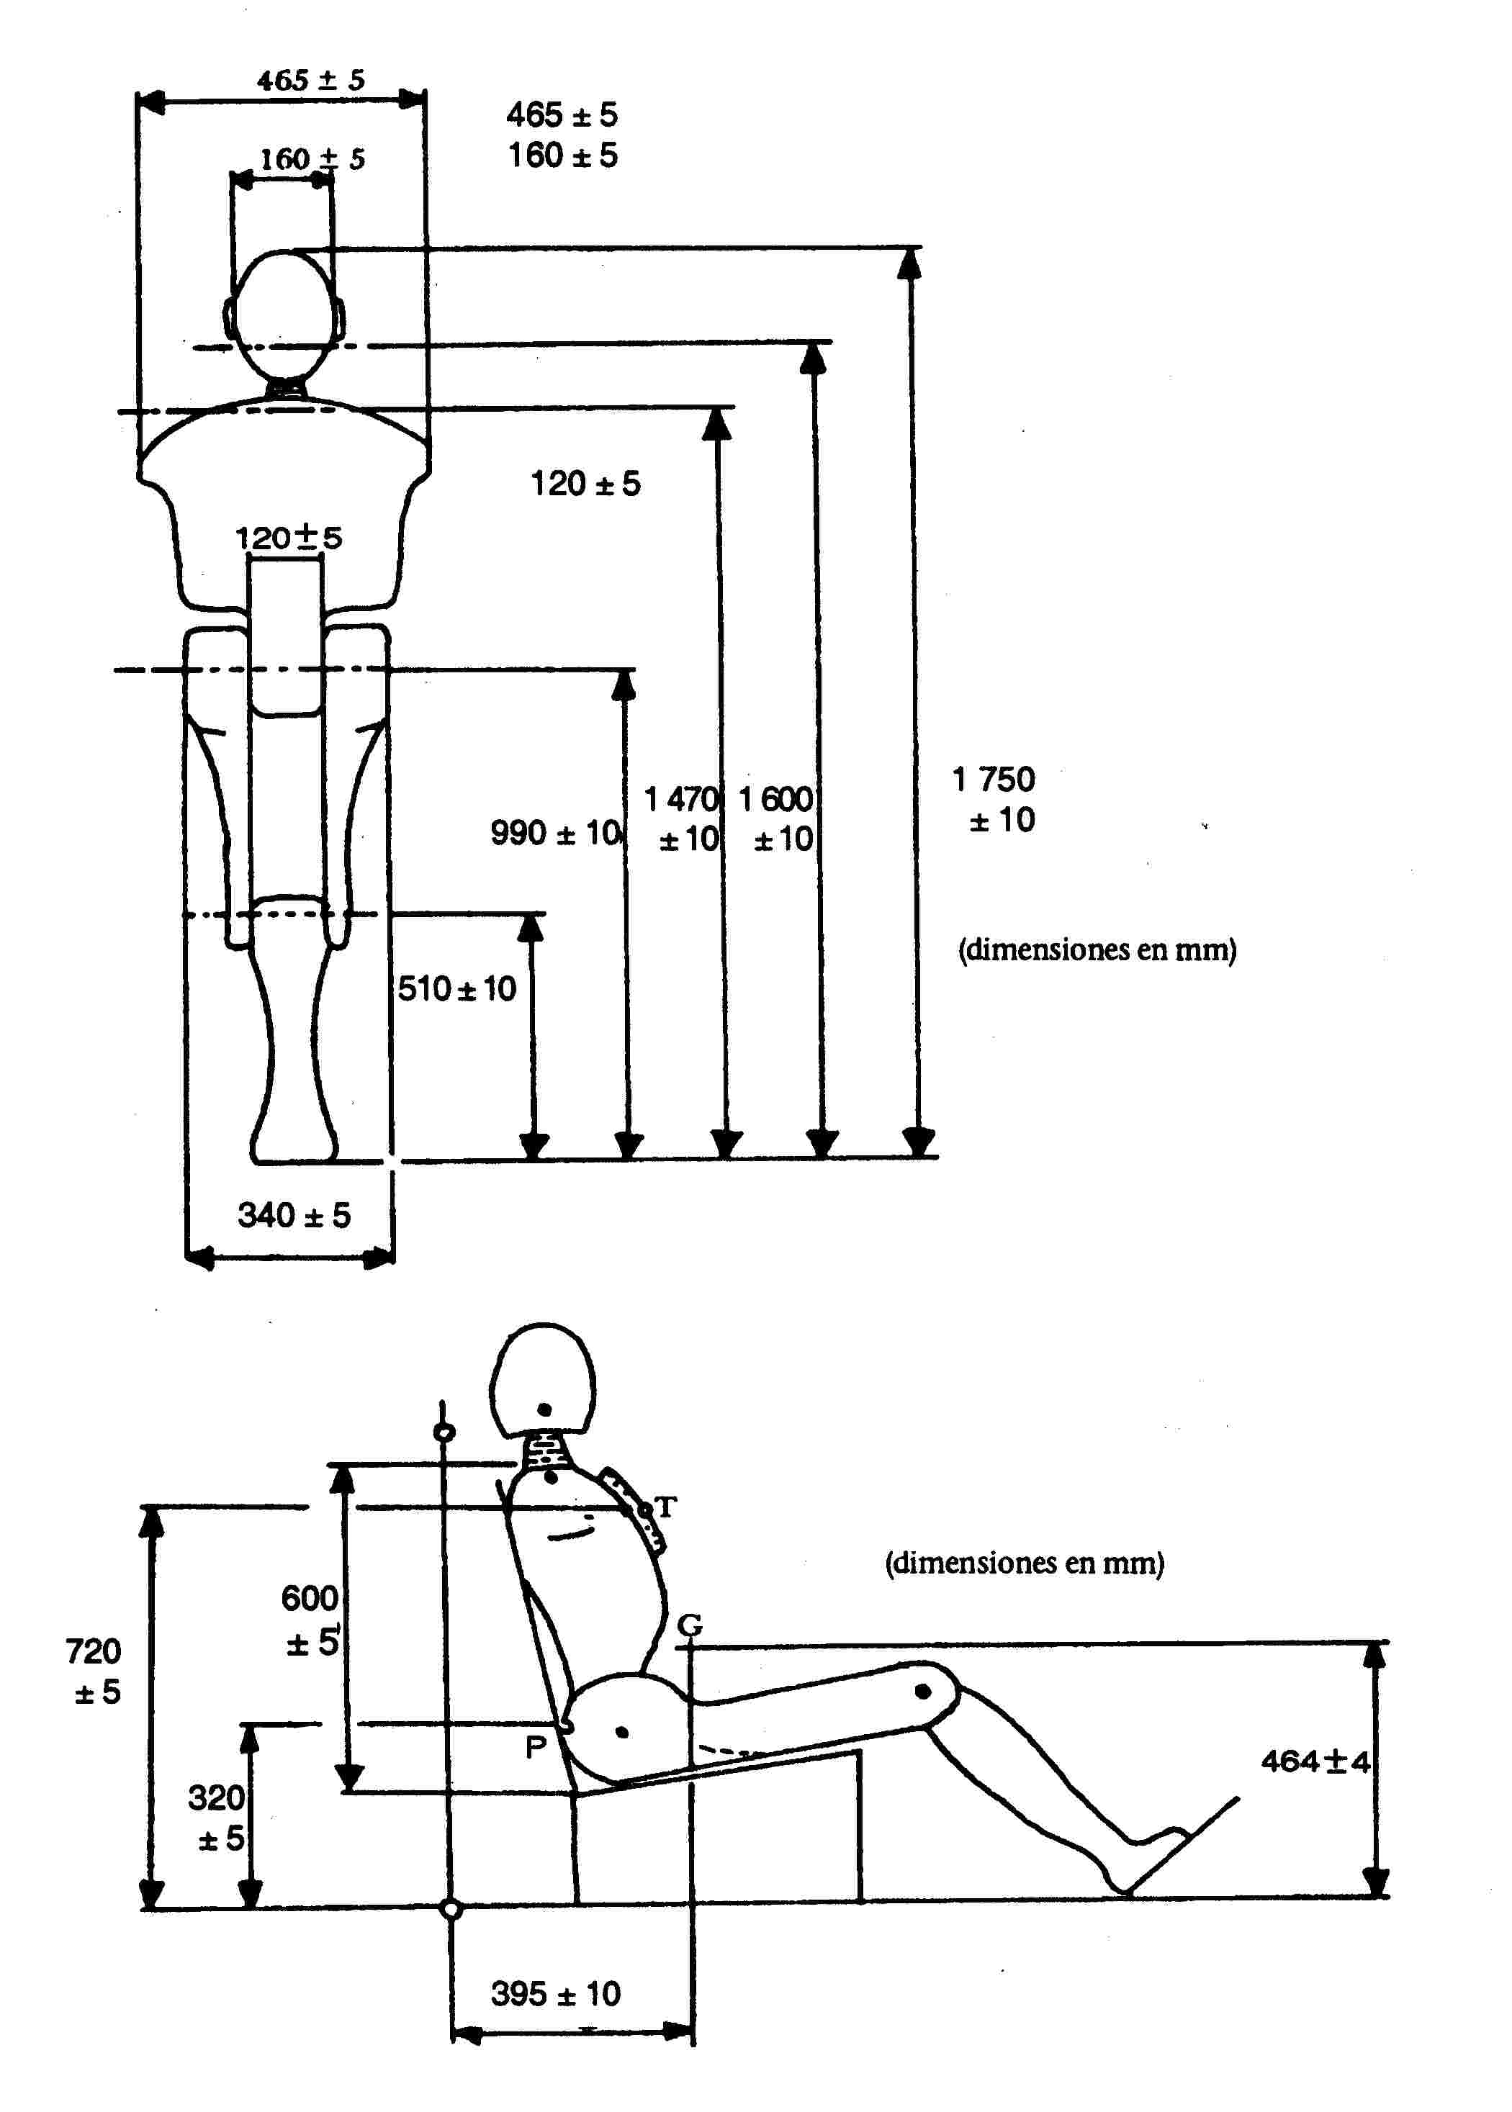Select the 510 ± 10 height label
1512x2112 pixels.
(x=457, y=988)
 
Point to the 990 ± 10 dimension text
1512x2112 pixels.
(x=556, y=832)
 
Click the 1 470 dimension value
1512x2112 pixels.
(x=683, y=798)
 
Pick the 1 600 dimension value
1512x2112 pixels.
(x=776, y=798)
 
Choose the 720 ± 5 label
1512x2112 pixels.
(x=94, y=1671)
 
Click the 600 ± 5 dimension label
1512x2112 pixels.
(x=311, y=1620)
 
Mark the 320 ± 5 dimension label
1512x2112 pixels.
(x=217, y=1818)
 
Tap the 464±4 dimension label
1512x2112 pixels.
(x=1315, y=1761)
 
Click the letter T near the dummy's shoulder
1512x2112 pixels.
(x=666, y=1506)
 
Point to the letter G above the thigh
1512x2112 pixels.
(x=689, y=1625)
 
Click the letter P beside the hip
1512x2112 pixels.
(x=536, y=1747)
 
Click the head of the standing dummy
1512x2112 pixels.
(x=284, y=312)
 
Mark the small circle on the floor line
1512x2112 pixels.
(x=451, y=1909)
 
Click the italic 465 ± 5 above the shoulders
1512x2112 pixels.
(x=311, y=80)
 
